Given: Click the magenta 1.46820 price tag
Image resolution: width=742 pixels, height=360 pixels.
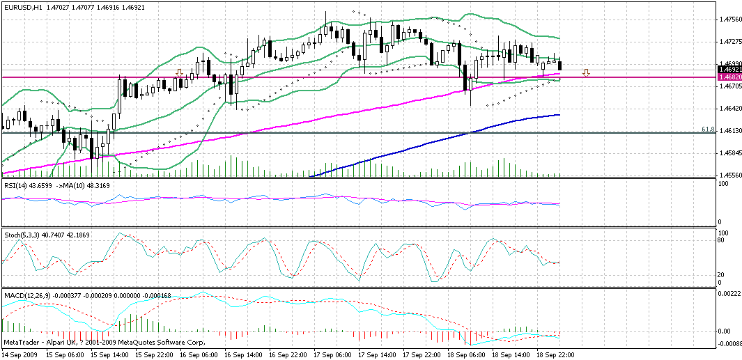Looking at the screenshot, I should pos(729,77).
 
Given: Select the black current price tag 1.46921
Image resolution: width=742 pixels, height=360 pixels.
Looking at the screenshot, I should pos(729,70).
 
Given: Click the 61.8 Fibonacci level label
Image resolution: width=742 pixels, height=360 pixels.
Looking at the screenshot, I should pos(708,130).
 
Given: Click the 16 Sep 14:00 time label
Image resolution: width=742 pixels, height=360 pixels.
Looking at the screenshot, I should pos(243,355).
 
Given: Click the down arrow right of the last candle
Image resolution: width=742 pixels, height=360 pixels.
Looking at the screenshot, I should pos(587,72).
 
